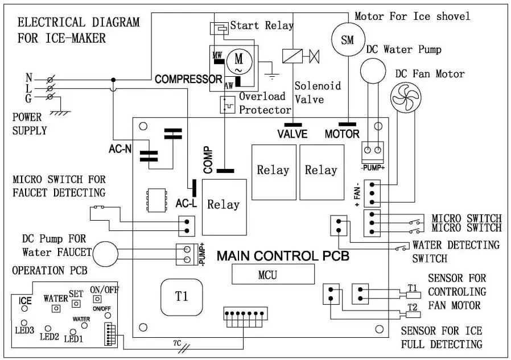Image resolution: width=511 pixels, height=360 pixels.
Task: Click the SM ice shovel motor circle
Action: tap(347, 39)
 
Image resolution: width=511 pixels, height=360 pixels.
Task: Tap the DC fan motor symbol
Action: tap(405, 97)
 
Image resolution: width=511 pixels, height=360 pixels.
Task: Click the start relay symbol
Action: tap(220, 27)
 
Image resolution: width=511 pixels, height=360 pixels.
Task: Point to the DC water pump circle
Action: tap(372, 71)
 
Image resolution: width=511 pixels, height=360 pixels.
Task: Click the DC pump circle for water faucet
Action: tap(108, 254)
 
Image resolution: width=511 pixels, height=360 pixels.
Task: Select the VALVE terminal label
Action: tap(293, 134)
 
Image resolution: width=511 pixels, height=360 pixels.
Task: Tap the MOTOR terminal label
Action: tap(342, 134)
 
